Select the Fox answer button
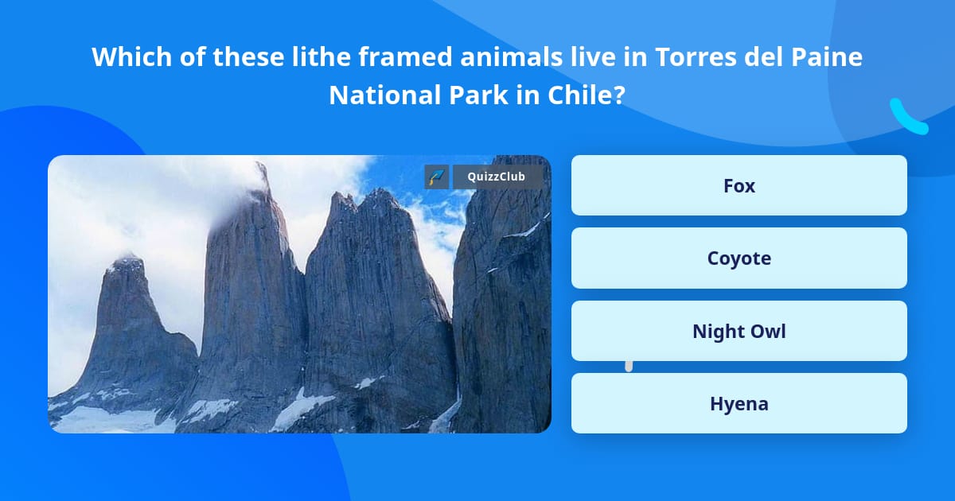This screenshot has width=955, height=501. point(739,185)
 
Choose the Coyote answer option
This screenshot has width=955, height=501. point(739,258)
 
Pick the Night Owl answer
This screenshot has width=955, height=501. point(739,331)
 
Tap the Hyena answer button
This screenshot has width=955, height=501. point(739,403)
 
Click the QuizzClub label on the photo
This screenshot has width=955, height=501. point(496,177)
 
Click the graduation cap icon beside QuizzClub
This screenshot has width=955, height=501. point(437,177)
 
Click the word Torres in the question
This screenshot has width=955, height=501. point(696,56)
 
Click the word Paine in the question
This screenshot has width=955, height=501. point(827,56)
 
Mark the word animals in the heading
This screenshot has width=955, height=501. point(511,56)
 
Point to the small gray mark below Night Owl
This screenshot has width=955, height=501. point(629,367)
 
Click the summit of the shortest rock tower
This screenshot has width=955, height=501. point(127,259)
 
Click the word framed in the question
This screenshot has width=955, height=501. point(405,56)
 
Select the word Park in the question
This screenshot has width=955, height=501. point(478,95)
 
